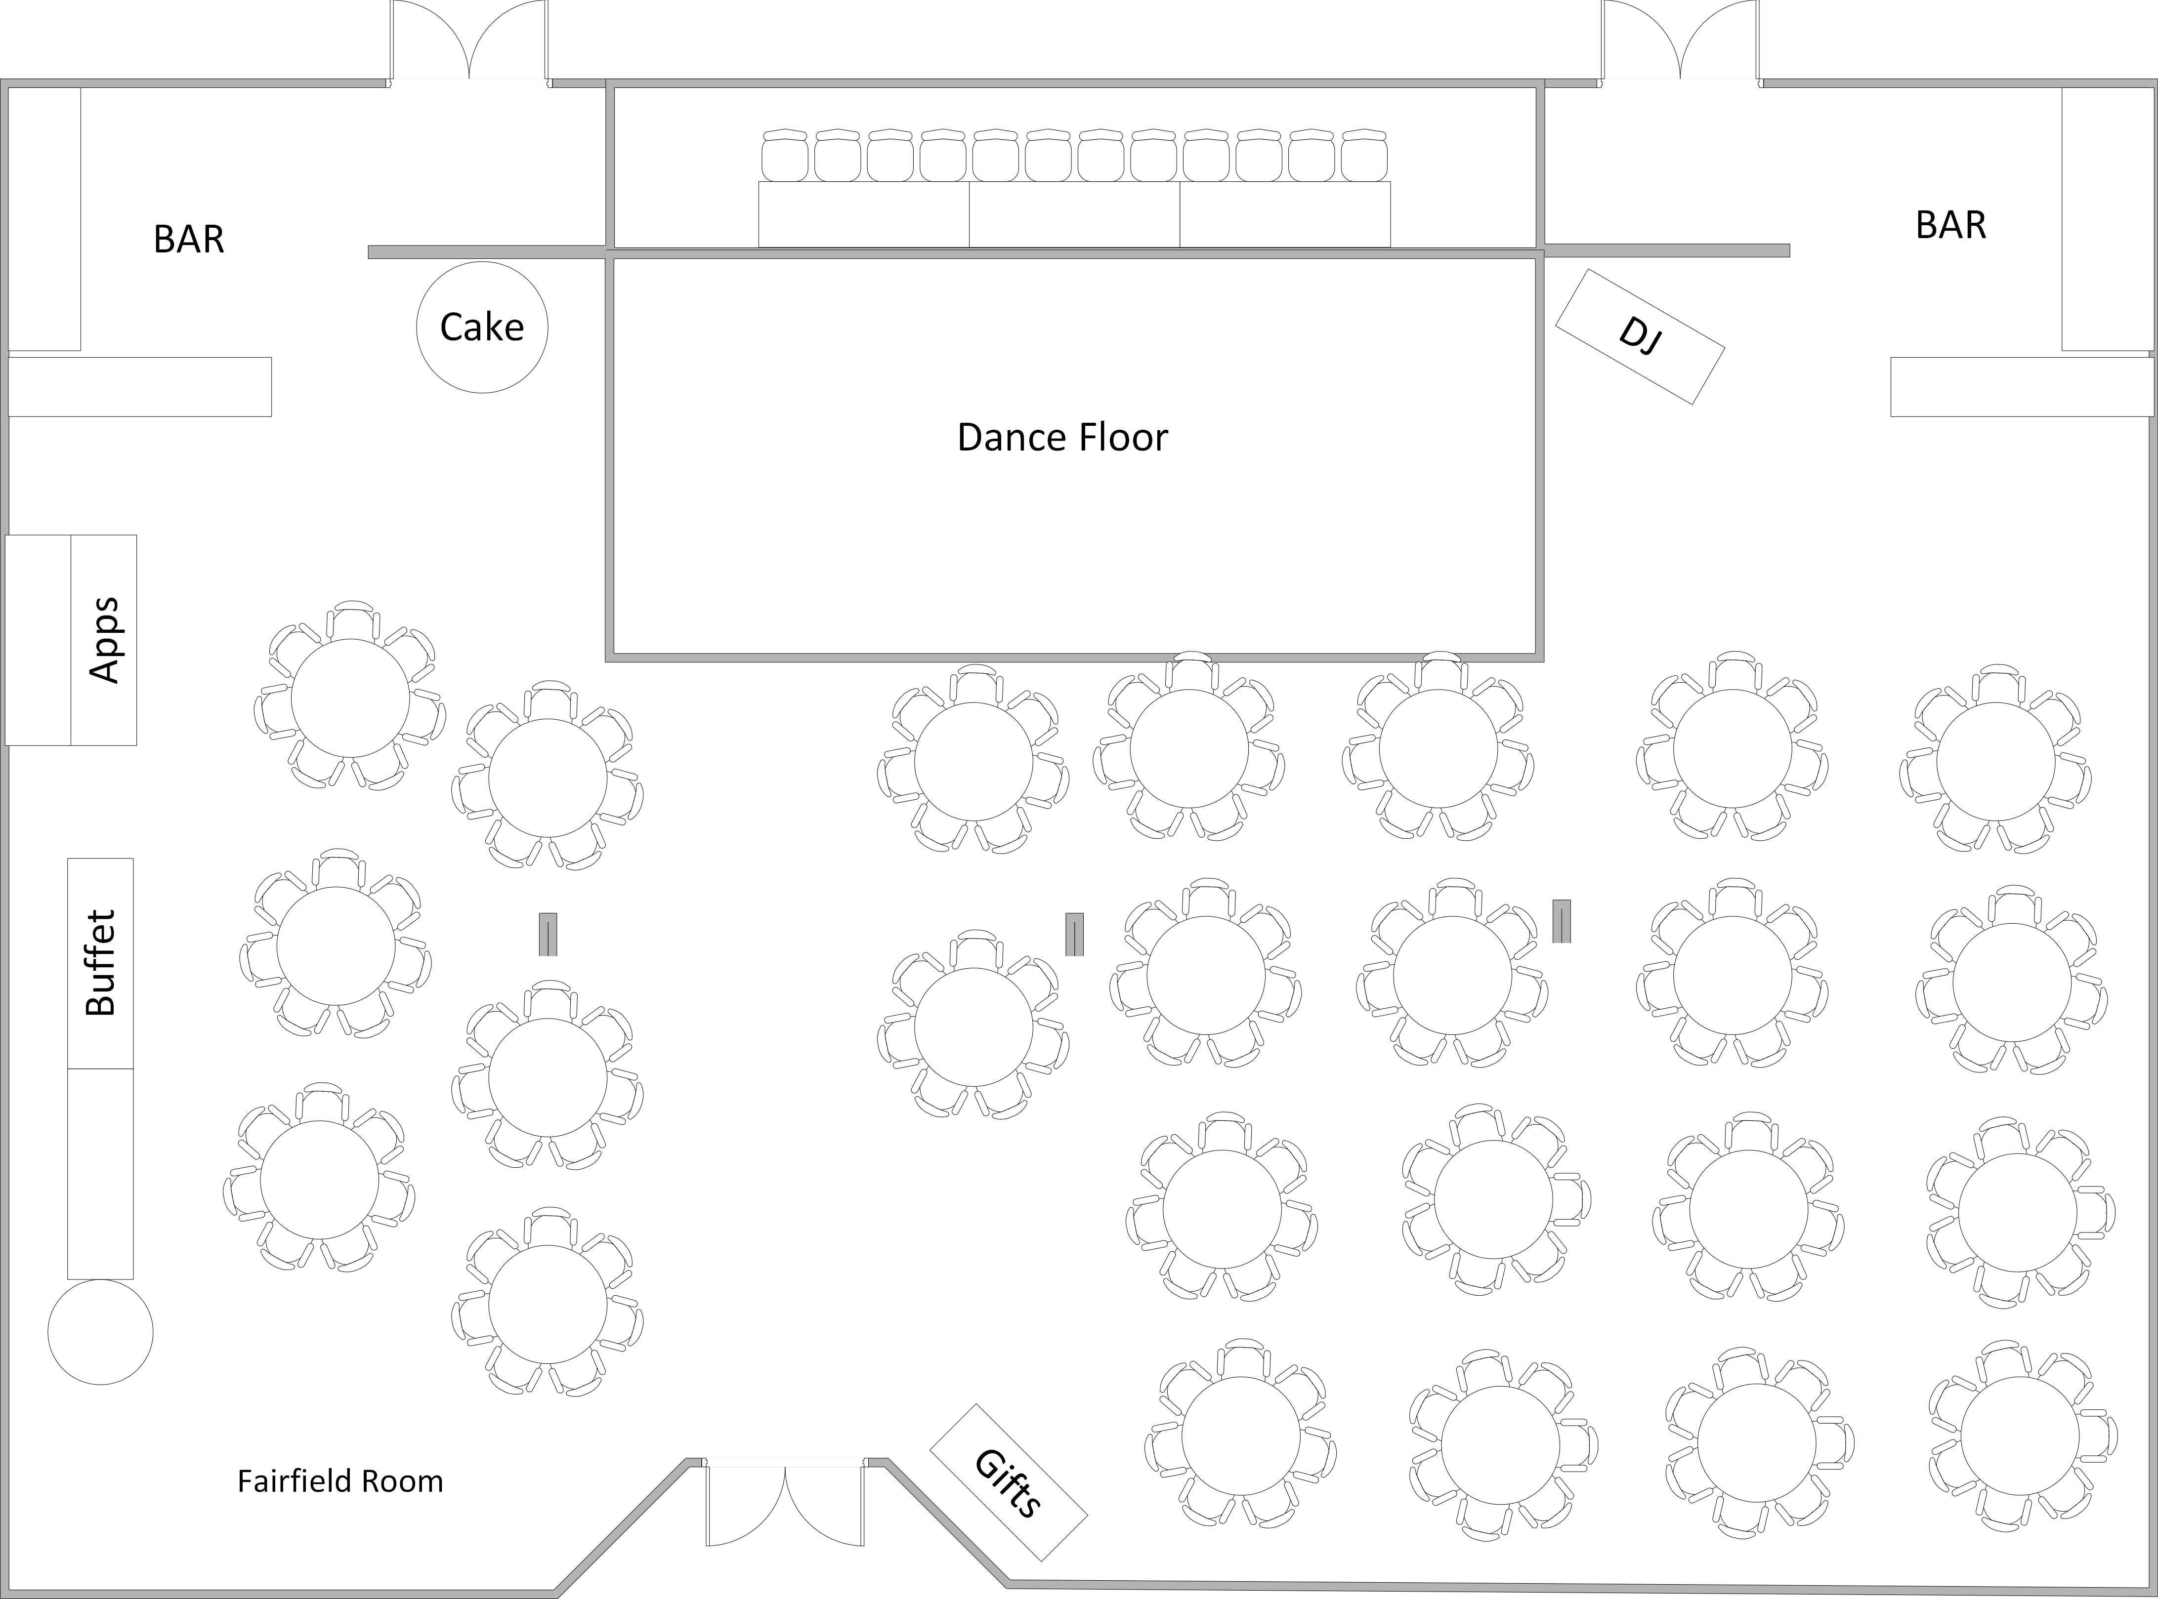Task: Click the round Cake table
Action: point(482,327)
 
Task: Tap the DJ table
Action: point(1639,336)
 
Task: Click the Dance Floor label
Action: point(1062,438)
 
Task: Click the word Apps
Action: point(104,640)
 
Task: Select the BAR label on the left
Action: point(189,239)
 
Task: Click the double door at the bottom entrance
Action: point(784,1517)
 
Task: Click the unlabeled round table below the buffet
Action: point(101,1332)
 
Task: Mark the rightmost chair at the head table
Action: point(1364,157)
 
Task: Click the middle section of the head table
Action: point(1074,215)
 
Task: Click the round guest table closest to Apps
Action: point(349,698)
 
